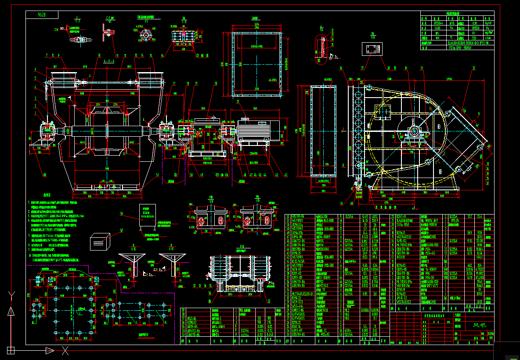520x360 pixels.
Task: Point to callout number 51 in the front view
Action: (157, 175)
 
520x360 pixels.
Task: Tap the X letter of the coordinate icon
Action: (65, 351)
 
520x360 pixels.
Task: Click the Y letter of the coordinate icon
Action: (11, 295)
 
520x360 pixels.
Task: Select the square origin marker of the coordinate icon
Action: (11, 350)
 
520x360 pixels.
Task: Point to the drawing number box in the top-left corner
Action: (42, 15)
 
